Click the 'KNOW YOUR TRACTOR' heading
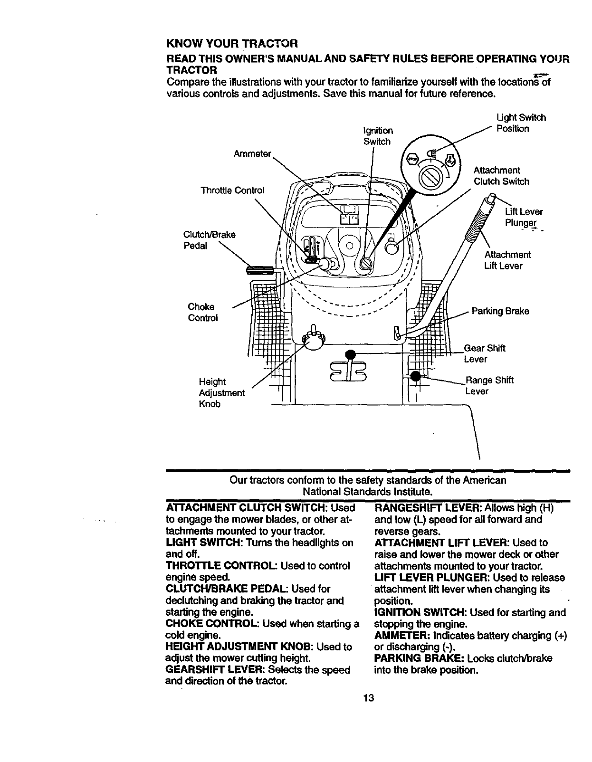232,44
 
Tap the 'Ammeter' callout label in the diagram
252,153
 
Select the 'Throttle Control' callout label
232,190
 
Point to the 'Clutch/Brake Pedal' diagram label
209,240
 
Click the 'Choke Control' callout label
203,312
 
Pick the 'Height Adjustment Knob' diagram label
221,393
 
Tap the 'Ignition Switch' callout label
378,136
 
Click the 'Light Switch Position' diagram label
520,123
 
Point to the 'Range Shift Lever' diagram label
489,385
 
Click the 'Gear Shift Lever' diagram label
484,353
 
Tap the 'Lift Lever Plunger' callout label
523,217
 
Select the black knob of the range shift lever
415,376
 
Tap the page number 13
368,698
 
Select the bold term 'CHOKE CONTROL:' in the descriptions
212,624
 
